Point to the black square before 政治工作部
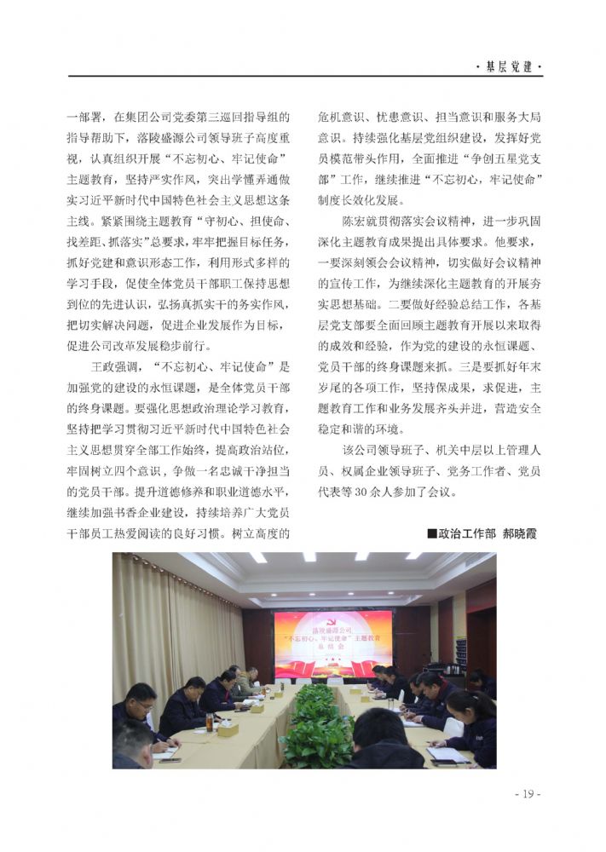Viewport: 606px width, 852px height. [431, 534]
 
